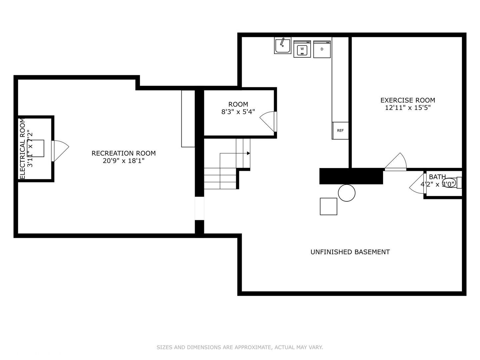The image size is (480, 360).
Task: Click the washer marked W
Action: tap(302, 49)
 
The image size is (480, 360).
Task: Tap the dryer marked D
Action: tap(322, 49)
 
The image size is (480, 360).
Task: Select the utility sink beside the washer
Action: tap(283, 45)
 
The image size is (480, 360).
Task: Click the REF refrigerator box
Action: tap(340, 130)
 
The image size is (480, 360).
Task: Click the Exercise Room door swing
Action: tap(397, 162)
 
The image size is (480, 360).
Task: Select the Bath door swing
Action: tap(417, 184)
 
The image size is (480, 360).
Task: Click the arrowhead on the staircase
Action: tap(248, 153)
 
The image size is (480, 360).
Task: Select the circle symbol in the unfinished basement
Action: tap(347, 193)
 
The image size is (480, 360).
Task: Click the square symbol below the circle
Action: tap(328, 206)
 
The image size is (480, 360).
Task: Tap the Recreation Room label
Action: tap(124, 153)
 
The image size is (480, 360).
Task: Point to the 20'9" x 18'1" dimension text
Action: tap(124, 161)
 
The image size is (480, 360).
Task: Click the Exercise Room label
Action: tap(408, 100)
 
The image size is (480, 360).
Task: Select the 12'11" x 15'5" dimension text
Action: tap(408, 108)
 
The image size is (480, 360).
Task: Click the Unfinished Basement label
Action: tap(350, 252)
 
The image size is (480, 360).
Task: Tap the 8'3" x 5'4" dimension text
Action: tap(238, 112)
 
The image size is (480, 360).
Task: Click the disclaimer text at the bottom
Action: tap(240, 347)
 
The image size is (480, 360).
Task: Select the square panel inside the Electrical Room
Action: tap(36, 148)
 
